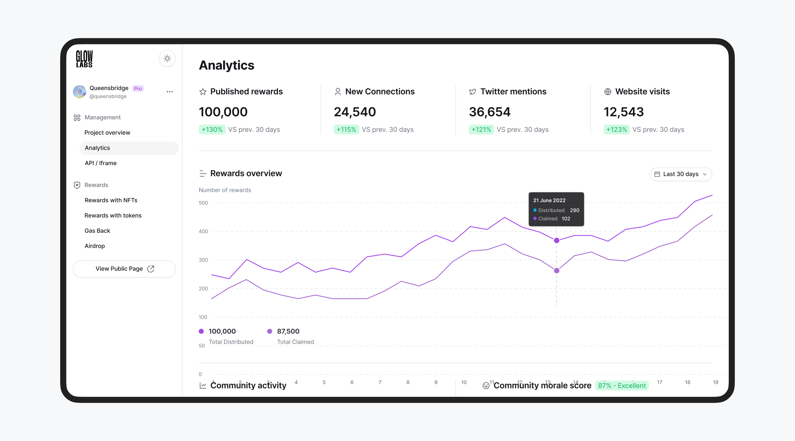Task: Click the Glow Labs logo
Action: tap(84, 59)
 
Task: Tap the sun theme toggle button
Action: tap(167, 58)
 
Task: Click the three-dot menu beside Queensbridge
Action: tap(169, 92)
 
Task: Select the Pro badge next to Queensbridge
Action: tap(138, 88)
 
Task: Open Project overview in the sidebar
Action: tap(107, 133)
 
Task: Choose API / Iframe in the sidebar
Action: tap(100, 163)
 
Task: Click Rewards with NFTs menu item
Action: tap(111, 200)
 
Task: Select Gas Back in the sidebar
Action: tap(97, 230)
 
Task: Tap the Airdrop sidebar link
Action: tap(94, 246)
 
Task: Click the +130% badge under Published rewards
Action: tap(212, 130)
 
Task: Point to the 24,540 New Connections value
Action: tap(355, 112)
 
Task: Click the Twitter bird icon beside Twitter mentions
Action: tap(472, 92)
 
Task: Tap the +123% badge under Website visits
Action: tap(616, 130)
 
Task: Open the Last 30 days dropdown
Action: tap(680, 174)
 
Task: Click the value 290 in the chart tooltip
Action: tap(574, 210)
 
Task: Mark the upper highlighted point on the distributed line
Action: tap(556, 240)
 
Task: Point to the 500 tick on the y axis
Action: tap(203, 203)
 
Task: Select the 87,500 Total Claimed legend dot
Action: tap(269, 331)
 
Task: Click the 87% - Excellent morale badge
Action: tap(622, 386)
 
